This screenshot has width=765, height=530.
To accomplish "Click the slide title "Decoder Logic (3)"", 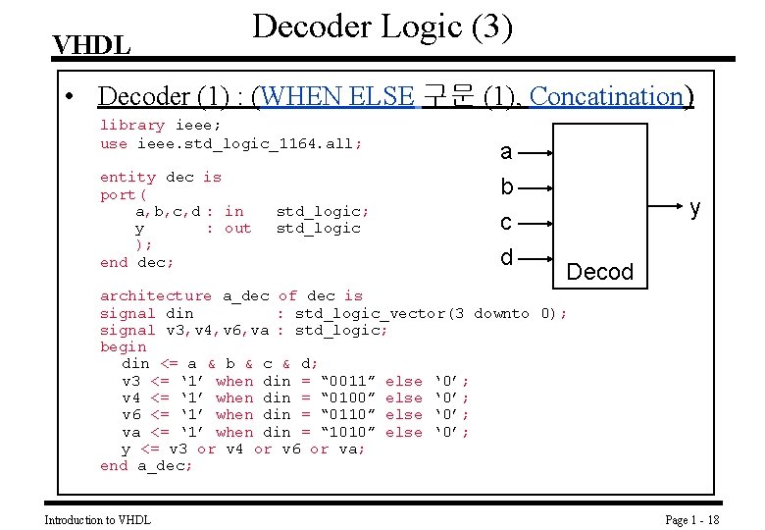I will tap(382, 26).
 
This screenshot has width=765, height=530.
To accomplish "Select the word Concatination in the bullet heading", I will tap(606, 96).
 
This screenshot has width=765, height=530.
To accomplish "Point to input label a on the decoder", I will tap(506, 151).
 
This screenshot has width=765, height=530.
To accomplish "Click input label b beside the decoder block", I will tap(506, 186).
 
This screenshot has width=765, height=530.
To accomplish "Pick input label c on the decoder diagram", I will tap(506, 223).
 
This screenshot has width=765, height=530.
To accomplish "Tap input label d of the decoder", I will tap(506, 257).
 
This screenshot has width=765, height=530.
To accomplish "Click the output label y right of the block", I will tap(694, 208).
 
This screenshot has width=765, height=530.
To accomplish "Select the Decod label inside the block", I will tap(600, 272).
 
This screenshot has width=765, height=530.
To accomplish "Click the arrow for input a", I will tap(538, 153).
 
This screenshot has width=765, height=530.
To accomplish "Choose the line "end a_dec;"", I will tap(147, 466).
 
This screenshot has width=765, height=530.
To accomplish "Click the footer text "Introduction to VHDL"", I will tap(98, 519).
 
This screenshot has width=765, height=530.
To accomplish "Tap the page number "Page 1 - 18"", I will tap(692, 519).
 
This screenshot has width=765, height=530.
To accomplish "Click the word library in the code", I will tap(132, 126).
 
